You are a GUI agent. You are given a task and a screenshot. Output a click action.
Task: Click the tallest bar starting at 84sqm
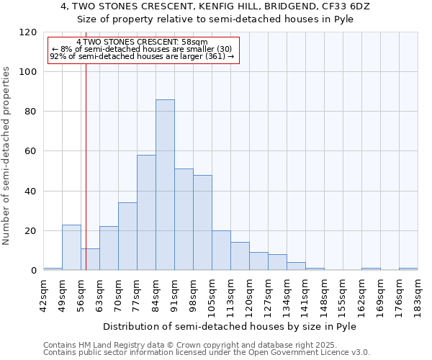165,184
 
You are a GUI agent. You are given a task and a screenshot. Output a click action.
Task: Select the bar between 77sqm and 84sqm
146,212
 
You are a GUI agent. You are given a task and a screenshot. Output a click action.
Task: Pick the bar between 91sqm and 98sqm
184,219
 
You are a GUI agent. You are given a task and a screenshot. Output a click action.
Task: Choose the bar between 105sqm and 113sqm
221,250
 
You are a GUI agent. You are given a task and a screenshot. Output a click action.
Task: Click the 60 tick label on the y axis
31,151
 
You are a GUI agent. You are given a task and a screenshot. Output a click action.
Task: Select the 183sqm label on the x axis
418,293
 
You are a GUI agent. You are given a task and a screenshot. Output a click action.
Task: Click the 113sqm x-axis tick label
231,293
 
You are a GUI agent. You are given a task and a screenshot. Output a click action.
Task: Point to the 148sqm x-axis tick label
325,293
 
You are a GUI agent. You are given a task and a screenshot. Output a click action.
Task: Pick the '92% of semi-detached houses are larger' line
142,56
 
